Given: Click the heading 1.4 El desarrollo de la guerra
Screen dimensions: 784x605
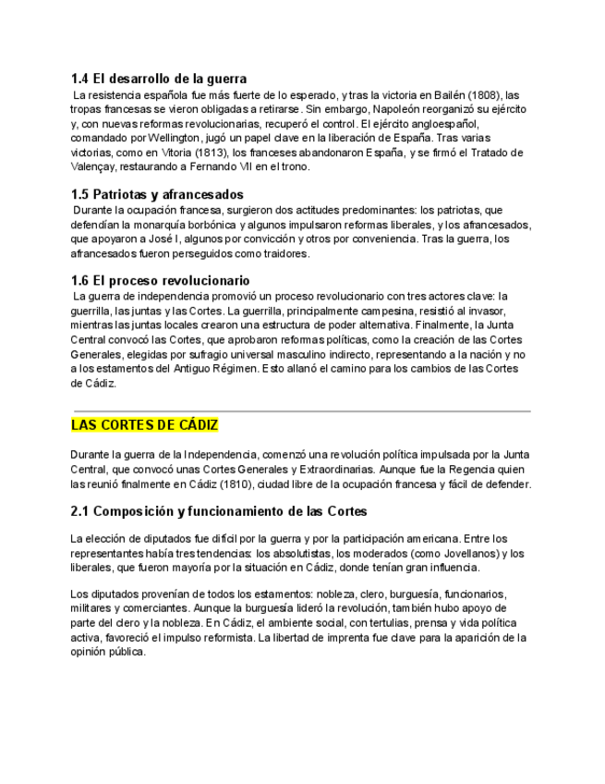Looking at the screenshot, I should pyautogui.click(x=159, y=80).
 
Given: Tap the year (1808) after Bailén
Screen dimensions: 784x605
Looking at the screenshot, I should pyautogui.click(x=485, y=95).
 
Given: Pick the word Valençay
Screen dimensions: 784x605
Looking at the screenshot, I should pyautogui.click(x=92, y=167).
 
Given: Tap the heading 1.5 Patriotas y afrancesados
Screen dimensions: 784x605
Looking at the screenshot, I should pyautogui.click(x=157, y=195).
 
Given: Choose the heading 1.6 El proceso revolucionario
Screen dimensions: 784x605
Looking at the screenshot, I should pyautogui.click(x=160, y=280).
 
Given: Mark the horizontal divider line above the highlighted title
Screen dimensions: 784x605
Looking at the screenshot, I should pyautogui.click(x=301, y=410).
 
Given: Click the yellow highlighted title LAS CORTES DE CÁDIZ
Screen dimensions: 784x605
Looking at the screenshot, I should pyautogui.click(x=145, y=425).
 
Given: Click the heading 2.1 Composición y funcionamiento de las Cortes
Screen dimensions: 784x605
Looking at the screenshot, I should pyautogui.click(x=219, y=511).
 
